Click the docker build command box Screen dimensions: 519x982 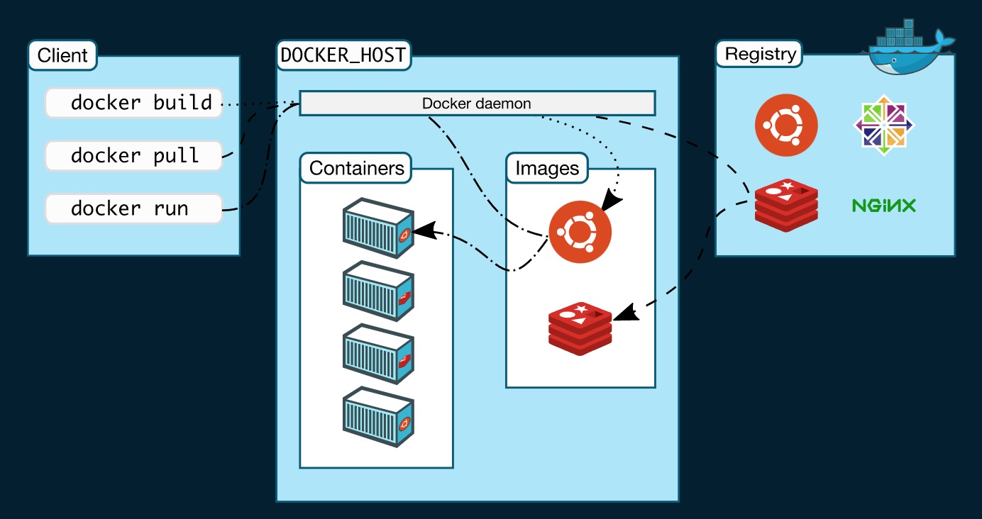coord(134,103)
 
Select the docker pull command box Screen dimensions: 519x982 coord(134,155)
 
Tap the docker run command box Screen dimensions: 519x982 coord(134,208)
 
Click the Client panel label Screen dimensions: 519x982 coord(62,55)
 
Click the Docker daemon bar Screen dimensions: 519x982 coord(477,103)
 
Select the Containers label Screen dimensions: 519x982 coord(356,169)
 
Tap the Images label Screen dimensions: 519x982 coord(547,169)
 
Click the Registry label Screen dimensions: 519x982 coord(760,55)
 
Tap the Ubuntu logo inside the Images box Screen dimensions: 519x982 coord(580,232)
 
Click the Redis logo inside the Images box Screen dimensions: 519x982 coord(580,327)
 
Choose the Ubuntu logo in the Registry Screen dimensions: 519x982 coord(786,126)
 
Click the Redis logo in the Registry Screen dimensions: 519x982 coord(786,206)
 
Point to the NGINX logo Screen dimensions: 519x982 coord(883,206)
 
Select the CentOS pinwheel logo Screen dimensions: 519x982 coord(883,125)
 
